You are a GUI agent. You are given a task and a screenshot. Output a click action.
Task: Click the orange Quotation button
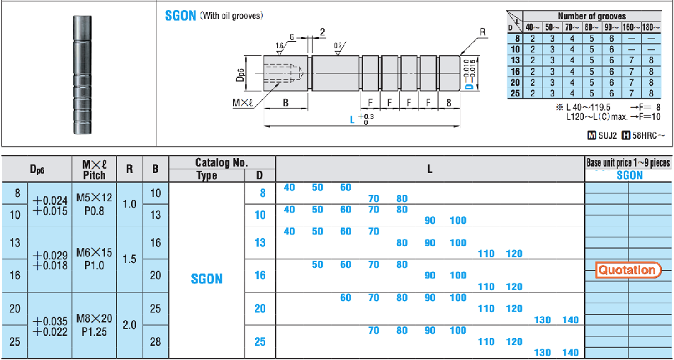click(629, 269)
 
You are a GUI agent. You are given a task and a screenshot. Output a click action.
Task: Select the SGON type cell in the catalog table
click(207, 279)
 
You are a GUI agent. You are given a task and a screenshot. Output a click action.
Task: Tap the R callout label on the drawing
click(483, 32)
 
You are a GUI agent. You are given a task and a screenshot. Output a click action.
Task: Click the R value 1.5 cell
click(130, 259)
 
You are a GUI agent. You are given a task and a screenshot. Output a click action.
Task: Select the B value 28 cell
click(155, 342)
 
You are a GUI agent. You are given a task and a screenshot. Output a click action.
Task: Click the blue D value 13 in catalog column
click(259, 243)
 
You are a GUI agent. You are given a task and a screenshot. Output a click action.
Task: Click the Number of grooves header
click(591, 16)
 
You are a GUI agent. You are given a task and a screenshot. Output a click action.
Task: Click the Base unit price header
click(628, 162)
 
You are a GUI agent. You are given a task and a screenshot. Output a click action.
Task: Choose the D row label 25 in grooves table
click(516, 93)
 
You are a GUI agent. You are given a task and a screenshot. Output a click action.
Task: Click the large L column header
click(429, 169)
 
